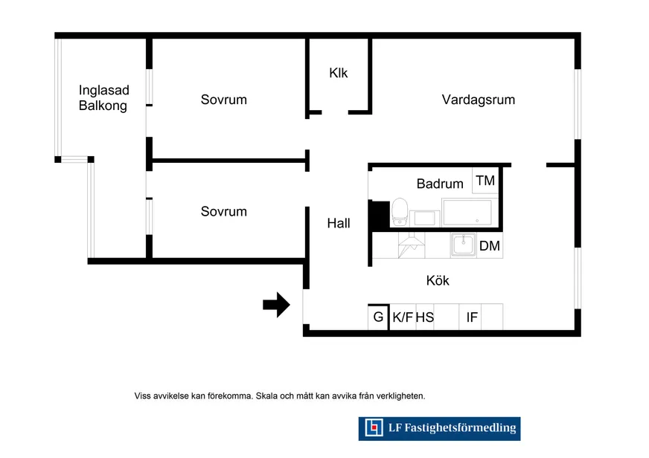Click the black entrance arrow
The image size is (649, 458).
point(276,305)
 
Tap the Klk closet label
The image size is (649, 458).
point(338,73)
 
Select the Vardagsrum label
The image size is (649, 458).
point(478,100)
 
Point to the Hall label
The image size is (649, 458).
point(339,223)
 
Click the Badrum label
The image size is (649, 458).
point(440,184)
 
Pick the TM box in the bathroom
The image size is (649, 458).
point(485,181)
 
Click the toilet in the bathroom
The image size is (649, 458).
point(400,212)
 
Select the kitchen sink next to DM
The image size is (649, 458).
point(463,245)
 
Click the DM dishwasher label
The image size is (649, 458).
point(489,246)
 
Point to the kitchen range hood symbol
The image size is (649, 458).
point(412,245)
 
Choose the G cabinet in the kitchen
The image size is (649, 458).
point(378,317)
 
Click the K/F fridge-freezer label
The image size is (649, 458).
point(403,317)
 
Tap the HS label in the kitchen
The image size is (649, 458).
point(425,317)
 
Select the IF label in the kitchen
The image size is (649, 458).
point(472,317)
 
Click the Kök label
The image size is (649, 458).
point(438,280)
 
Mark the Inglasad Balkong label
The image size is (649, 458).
point(103,98)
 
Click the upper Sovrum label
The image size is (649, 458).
point(223,100)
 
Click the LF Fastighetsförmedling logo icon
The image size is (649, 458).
point(374,428)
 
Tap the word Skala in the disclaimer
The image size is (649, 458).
point(266,396)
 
